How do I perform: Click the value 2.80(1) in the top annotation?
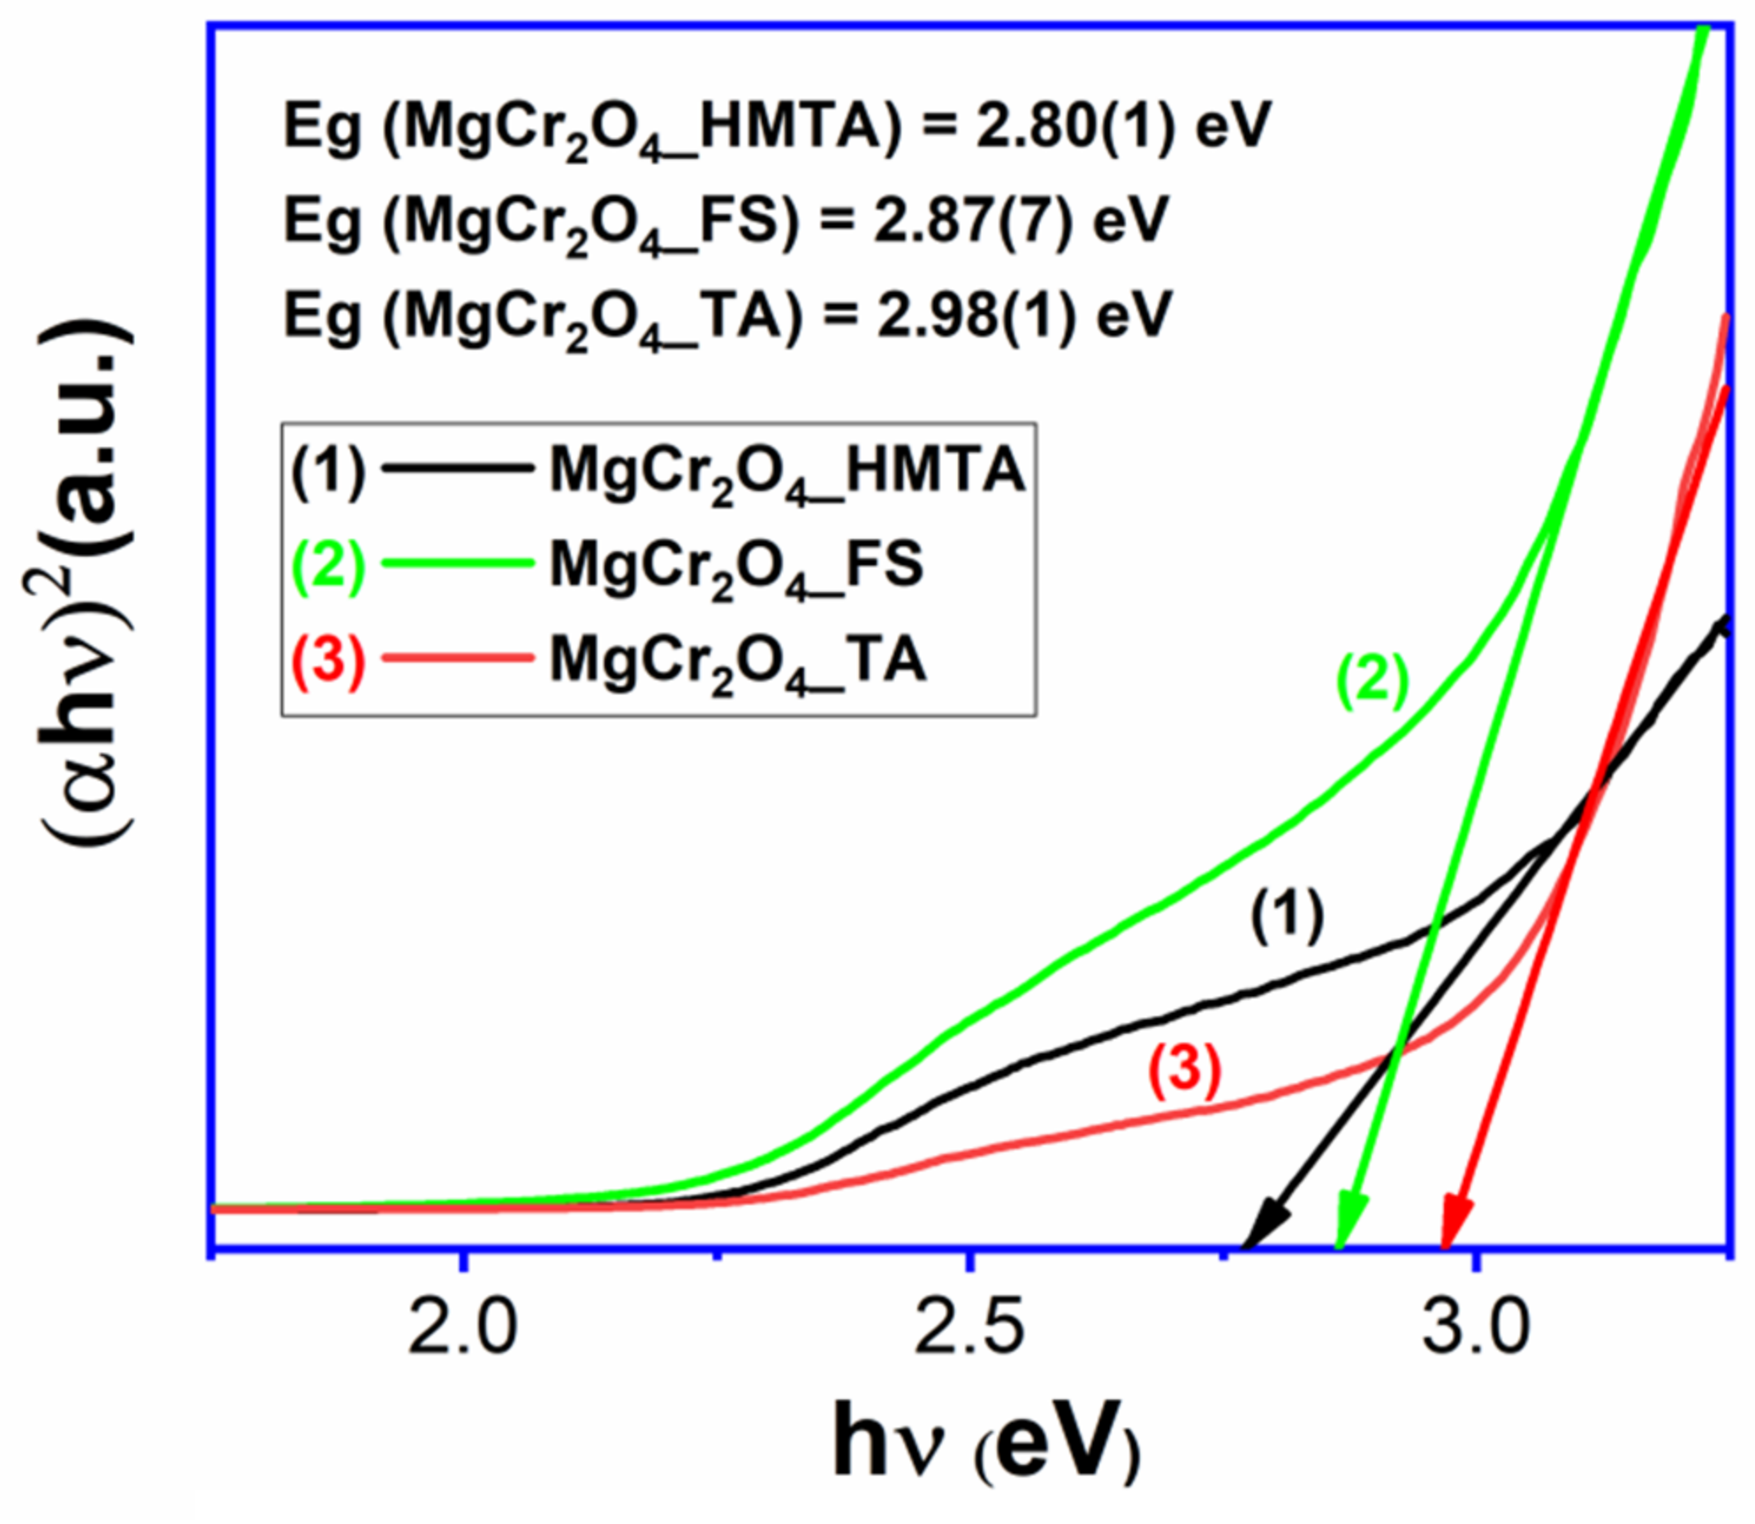1075,126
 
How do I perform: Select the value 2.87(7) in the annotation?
973,220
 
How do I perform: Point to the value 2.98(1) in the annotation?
976,315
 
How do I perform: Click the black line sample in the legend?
459,467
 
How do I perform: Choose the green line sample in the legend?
459,563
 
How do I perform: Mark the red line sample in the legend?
459,657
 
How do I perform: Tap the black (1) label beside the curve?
1287,916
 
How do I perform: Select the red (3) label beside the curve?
1184,1070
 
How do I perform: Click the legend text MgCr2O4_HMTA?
787,471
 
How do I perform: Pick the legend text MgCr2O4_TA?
738,661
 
